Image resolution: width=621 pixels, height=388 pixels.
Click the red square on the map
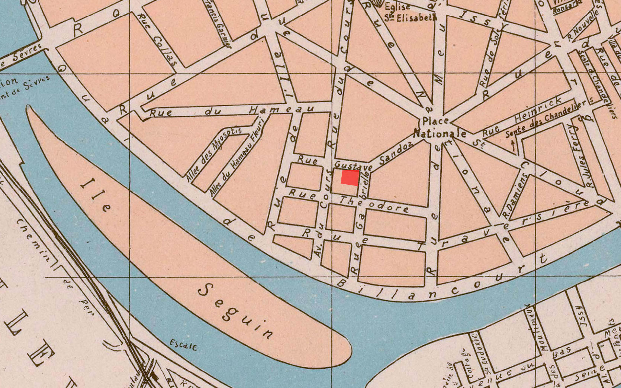(x=350, y=178)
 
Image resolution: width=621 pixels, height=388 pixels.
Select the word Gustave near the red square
(x=353, y=165)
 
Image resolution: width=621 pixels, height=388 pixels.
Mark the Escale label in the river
(x=183, y=345)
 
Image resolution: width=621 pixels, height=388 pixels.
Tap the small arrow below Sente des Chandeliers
(x=514, y=145)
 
